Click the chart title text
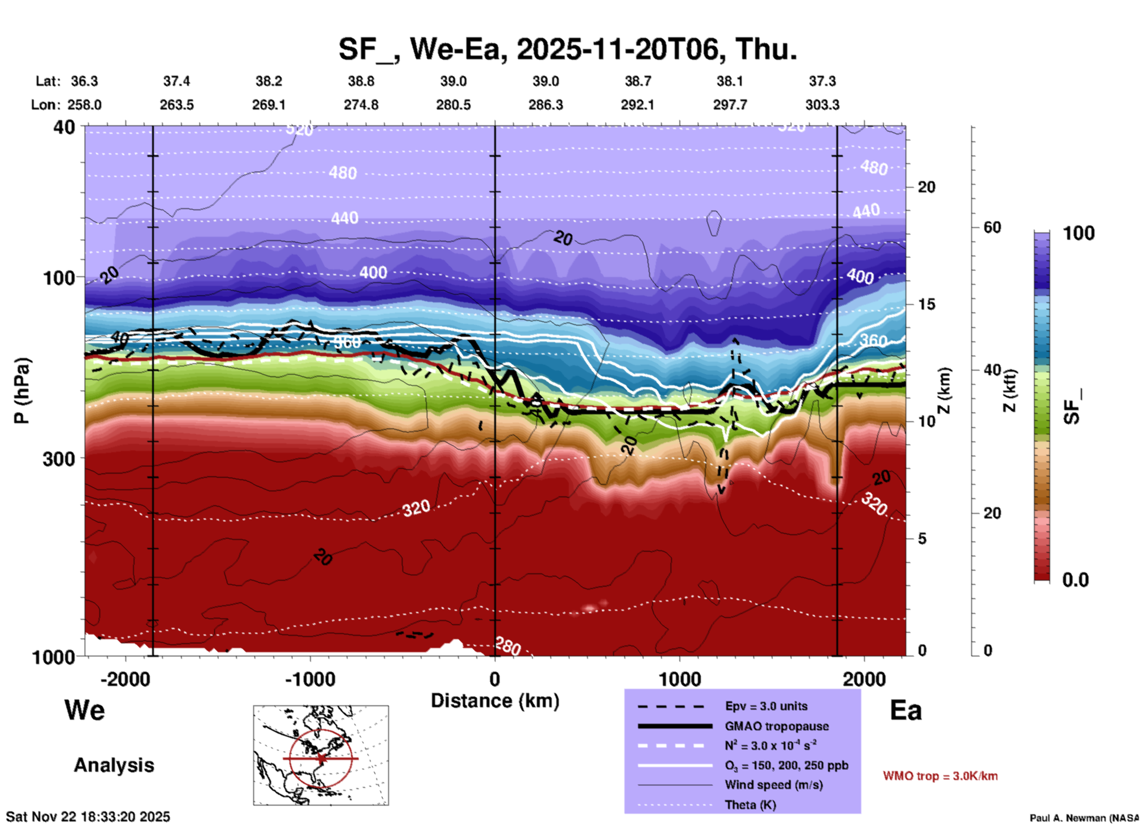[568, 49]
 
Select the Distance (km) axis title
[495, 701]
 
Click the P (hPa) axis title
[22, 391]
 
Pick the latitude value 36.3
[84, 81]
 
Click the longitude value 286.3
[545, 105]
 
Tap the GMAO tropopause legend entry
[777, 726]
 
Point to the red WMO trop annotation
[940, 776]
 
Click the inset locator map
[321, 755]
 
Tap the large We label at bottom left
[85, 710]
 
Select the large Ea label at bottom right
[906, 710]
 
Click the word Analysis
[114, 765]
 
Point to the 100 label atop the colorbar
[1078, 233]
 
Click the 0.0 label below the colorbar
[1075, 580]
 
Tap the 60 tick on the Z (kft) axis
[992, 227]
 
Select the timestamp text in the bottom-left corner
[88, 817]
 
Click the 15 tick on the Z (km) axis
[926, 304]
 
